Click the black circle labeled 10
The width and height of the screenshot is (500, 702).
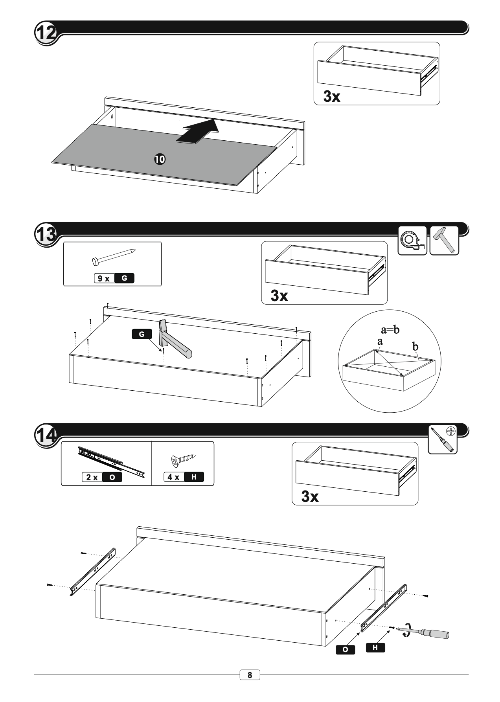(x=160, y=159)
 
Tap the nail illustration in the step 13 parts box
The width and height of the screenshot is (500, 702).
(x=113, y=256)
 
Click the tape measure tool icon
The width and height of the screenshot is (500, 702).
(x=412, y=241)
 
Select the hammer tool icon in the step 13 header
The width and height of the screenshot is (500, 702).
(x=445, y=241)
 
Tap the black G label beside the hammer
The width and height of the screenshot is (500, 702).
(x=142, y=334)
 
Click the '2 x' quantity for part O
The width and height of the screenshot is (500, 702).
(x=92, y=478)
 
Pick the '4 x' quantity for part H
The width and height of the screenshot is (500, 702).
(x=173, y=477)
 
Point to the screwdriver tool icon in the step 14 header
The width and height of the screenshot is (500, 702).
(x=443, y=439)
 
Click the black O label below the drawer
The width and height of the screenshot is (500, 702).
(x=346, y=650)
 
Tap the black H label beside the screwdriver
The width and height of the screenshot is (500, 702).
(x=375, y=647)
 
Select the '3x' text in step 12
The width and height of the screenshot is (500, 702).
(x=332, y=96)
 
